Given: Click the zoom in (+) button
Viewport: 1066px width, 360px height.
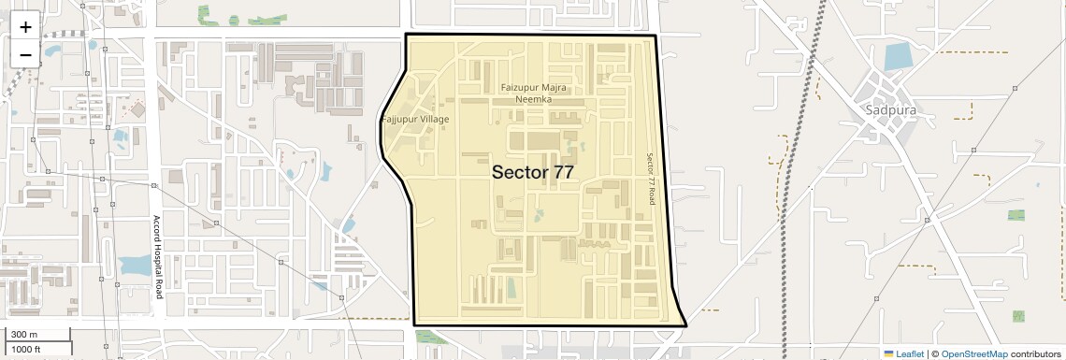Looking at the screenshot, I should point(25,26).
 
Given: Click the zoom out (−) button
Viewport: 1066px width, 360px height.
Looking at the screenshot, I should point(25,54).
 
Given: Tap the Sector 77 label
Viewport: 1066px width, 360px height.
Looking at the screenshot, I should point(532,172).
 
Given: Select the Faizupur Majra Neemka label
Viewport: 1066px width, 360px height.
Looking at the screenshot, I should point(534,94).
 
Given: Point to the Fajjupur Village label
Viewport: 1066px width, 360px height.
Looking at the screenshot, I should point(415,120).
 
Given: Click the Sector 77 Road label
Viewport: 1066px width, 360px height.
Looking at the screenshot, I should point(653,180).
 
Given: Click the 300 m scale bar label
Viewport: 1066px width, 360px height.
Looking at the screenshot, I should point(24,335).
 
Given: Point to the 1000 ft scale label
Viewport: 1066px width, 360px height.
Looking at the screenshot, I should point(26,349).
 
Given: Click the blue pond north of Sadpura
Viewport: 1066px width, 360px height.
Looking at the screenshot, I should point(897,57).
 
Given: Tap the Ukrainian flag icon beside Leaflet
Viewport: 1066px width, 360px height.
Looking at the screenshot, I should point(889,353).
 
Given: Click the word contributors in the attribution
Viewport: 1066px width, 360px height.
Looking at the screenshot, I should point(1036,353).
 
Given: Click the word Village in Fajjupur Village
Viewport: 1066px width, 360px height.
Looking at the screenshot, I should point(434,120).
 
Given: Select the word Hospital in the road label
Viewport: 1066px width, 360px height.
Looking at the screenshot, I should point(158,256).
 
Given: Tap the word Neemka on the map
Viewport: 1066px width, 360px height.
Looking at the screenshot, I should point(534,99).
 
